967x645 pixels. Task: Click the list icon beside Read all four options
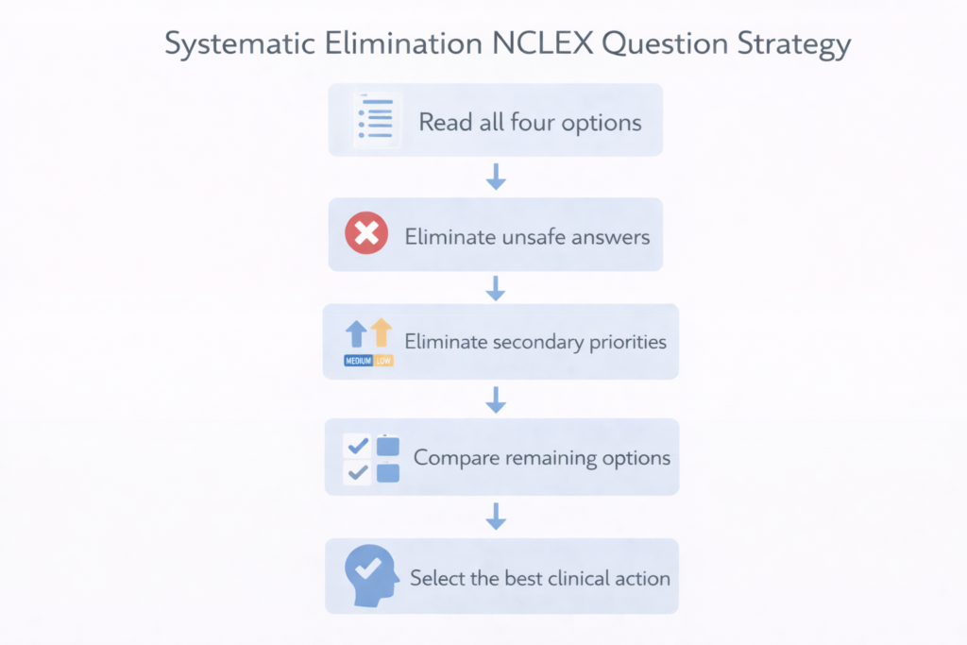376,120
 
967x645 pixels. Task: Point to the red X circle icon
366,234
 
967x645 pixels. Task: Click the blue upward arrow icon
356,333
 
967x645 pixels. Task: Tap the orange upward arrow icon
382,333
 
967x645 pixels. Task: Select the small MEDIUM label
358,361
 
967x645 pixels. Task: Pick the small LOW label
383,361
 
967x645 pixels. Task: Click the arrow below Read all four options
496,176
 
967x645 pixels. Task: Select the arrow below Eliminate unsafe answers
496,288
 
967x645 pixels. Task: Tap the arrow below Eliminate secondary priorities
496,400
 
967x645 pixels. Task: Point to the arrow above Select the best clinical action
496,517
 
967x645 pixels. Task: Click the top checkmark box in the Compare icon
358,445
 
